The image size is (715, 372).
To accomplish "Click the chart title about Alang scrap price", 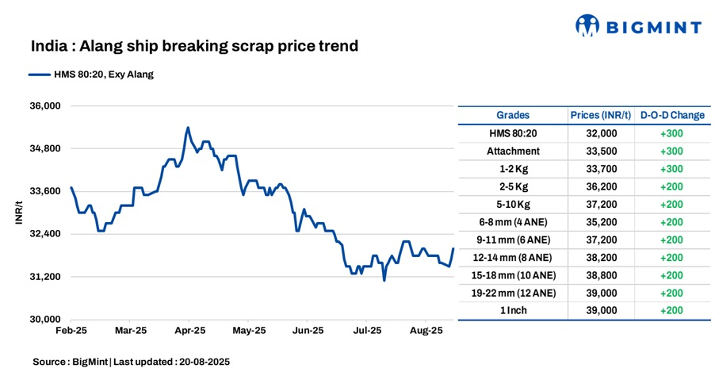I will (x=194, y=46).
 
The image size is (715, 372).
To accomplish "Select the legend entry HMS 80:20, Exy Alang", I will (x=90, y=75).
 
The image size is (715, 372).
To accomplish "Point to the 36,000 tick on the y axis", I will (x=45, y=105).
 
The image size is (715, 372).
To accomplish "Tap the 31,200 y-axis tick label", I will (x=45, y=277).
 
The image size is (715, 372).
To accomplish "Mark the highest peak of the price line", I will (x=188, y=127).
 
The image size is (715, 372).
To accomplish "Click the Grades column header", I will (x=513, y=115).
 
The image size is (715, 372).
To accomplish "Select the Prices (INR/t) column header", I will (x=601, y=115).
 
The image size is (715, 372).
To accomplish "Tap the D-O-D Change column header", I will (x=671, y=115).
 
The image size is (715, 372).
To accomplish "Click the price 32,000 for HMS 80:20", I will (x=601, y=133).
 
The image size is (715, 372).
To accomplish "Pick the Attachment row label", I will (x=513, y=151).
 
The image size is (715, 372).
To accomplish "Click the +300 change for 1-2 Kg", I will (x=671, y=169).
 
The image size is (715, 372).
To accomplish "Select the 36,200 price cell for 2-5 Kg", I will (x=601, y=186).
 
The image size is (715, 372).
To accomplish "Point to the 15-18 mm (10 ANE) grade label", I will (x=513, y=275).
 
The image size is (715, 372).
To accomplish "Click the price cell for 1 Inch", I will (x=601, y=311).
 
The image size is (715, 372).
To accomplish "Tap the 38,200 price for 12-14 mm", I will (x=601, y=258).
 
